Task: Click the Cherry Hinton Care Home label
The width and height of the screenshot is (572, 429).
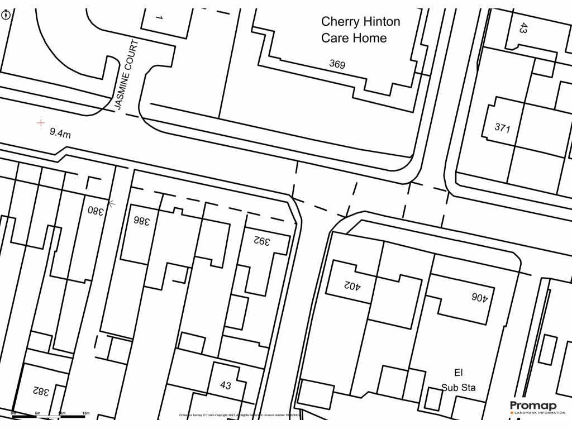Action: (x=360, y=30)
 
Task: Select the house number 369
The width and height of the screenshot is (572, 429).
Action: (x=337, y=64)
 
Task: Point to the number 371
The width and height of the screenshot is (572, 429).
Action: (x=502, y=127)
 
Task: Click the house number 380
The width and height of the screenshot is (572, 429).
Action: (x=96, y=211)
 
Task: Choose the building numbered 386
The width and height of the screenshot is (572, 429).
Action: (x=142, y=221)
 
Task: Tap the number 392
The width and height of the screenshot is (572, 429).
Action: (x=262, y=241)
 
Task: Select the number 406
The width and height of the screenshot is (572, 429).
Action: (x=479, y=298)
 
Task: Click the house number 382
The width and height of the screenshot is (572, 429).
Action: (x=40, y=391)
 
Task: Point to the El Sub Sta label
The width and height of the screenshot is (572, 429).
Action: (x=459, y=380)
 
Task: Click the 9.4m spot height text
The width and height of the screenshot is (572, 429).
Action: (x=60, y=133)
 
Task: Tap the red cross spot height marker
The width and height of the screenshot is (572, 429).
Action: (x=41, y=123)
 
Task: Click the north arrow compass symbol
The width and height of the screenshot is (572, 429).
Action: (x=6, y=15)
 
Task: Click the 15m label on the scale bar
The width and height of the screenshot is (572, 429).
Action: (x=86, y=413)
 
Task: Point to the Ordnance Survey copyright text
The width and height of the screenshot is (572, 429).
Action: (x=240, y=416)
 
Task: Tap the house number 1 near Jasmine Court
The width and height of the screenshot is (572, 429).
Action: (x=159, y=18)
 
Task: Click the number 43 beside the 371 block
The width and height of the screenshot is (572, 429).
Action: (x=523, y=27)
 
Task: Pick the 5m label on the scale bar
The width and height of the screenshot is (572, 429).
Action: (x=37, y=413)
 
